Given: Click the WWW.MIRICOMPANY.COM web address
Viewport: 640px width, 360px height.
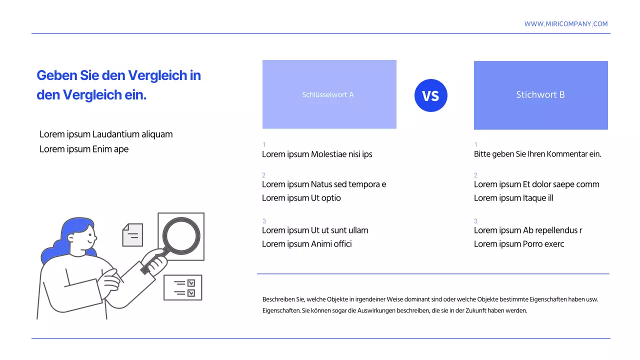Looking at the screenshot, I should coord(566,24).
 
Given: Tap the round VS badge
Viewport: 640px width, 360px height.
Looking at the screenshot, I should coord(430,95).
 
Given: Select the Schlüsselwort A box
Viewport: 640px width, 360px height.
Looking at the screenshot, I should coord(329,94).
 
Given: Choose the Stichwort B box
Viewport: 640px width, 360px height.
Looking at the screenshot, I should coord(540,95).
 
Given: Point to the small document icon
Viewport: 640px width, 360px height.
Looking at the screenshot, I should coord(132,234).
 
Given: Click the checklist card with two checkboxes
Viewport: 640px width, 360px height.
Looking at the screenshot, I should coord(182,287).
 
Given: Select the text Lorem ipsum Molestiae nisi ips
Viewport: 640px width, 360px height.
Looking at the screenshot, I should coord(317,154).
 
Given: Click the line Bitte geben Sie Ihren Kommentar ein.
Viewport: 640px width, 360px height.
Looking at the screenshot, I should coord(537,154).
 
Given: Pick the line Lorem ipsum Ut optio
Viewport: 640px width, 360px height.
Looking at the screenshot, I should coord(301,198).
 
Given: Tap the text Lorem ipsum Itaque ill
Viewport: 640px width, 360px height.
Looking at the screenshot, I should coord(513,198).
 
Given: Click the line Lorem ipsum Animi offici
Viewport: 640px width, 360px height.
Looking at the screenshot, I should coord(306,244).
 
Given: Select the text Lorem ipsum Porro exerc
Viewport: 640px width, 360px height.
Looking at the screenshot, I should coord(518,244).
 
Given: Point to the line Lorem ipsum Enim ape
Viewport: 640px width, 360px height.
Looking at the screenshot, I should coord(84,149).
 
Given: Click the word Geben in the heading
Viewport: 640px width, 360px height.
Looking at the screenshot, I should coord(56,75).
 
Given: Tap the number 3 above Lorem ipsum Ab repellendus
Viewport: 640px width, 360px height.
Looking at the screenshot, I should coord(475,221).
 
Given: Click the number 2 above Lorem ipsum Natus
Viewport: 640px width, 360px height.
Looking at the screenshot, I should coord(263,175).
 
